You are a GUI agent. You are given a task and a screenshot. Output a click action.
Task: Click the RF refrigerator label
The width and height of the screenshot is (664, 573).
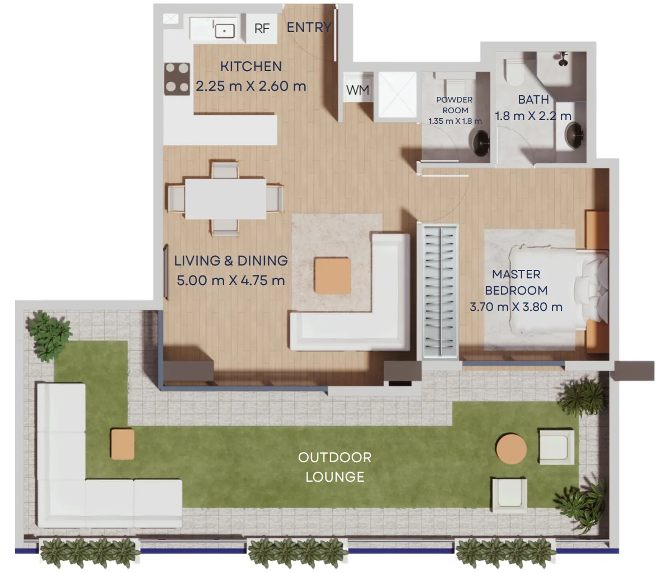coord(262,29)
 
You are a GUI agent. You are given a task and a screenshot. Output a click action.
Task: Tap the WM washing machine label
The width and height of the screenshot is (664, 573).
coord(357,90)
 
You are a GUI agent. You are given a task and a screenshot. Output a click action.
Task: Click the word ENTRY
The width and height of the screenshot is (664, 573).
coord(309,27)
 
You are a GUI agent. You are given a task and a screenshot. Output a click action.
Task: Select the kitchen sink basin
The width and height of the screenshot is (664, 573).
coord(225,30)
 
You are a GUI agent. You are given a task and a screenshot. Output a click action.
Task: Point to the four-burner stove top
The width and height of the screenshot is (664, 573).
coord(177,78)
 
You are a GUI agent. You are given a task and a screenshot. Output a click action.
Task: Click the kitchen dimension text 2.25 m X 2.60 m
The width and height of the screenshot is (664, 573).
coord(250,86)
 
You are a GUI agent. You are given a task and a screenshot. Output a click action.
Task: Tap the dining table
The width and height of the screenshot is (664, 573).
coord(225,198)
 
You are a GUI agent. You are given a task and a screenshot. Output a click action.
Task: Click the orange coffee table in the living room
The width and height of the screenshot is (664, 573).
coord(332,276)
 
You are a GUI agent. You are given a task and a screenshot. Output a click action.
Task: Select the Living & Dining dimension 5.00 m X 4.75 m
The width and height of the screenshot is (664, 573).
coord(230,281)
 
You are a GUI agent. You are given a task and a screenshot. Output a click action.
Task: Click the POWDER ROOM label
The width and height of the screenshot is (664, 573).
coord(455,105)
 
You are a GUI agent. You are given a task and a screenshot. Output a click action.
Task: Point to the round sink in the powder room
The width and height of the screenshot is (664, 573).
coord(481,143)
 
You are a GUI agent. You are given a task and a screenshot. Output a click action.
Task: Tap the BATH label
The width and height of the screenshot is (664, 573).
coord(533,100)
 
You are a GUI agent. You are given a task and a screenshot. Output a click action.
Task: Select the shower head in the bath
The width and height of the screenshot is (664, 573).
coord(563,59)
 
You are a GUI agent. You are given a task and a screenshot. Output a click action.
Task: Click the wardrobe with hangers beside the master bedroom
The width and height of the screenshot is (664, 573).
coord(438,292)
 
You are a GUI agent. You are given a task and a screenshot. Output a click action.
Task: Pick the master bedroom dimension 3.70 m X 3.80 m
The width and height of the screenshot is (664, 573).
coord(516,307)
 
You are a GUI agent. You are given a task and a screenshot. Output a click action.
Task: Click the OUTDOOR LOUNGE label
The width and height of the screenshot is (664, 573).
coord(335,467)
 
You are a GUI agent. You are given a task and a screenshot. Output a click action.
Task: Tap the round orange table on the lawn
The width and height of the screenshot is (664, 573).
coord(511,449)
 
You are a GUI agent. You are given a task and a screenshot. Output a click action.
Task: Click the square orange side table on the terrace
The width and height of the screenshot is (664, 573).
coord(122,444)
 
